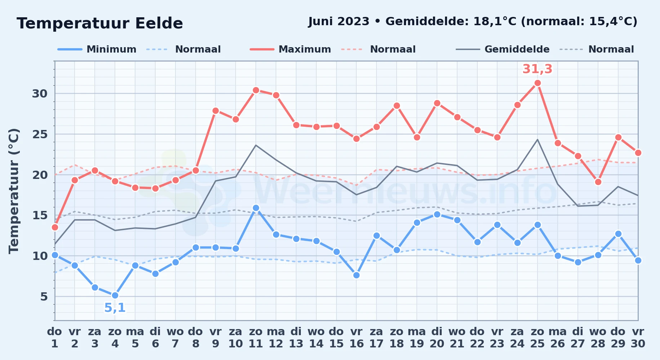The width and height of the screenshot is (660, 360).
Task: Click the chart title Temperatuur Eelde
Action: coord(100,23)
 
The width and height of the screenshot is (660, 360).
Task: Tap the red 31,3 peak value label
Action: coord(537,69)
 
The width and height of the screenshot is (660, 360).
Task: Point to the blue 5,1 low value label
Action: coord(115,308)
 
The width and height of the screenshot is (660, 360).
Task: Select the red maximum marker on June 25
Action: coord(538,83)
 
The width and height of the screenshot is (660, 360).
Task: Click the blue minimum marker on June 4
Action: coord(115,296)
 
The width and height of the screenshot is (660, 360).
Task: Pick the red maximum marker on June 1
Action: coord(55,227)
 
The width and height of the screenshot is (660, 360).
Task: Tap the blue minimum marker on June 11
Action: coord(256,208)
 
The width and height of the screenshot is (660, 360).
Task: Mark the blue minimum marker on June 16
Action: coord(356,275)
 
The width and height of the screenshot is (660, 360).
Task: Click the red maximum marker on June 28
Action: coord(598,182)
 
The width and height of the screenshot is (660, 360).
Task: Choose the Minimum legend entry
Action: coord(97,49)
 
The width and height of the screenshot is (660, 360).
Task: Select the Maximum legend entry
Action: coord(291,49)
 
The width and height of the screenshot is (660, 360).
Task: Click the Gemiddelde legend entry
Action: coord(503,49)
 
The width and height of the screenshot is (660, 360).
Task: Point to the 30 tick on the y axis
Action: coord(40,94)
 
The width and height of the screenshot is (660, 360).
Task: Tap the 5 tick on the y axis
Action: coord(44,297)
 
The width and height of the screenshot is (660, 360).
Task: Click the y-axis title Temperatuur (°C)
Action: coord(14,191)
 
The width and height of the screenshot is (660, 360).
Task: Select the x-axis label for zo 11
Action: coord(256,338)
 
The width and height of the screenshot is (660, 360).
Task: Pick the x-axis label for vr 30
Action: coord(638,338)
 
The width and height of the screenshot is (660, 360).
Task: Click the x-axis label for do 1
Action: coord(55,338)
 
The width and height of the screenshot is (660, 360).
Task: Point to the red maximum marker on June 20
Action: coord(437,103)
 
